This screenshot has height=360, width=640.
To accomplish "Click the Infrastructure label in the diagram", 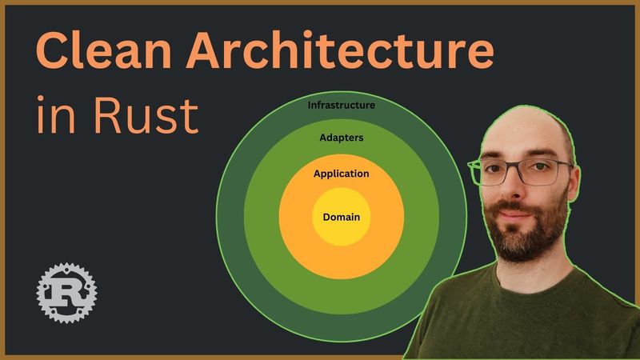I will [342, 105].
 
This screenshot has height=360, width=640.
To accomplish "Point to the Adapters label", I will [342, 138].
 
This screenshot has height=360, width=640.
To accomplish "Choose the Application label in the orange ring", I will [342, 174].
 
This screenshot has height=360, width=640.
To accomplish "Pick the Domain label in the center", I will [342, 217].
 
